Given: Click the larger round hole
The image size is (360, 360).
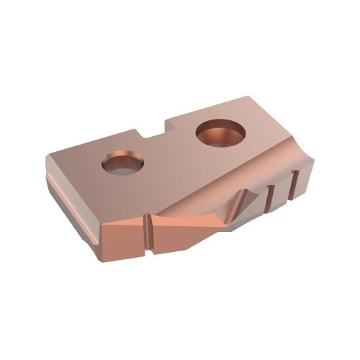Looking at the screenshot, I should click(218, 134).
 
